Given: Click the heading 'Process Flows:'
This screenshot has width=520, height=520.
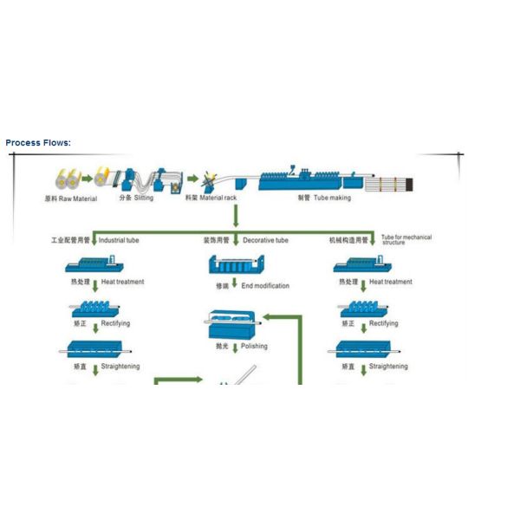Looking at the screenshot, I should click(38, 143).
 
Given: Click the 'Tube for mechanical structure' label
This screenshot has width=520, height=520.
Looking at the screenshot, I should click(406, 240).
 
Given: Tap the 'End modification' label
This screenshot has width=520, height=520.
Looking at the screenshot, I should click(265, 285).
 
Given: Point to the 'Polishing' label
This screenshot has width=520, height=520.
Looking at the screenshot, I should click(254, 346).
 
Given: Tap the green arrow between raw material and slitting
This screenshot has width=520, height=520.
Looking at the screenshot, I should click(90, 178).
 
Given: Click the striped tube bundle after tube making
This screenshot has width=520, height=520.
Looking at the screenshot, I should click(394, 183).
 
